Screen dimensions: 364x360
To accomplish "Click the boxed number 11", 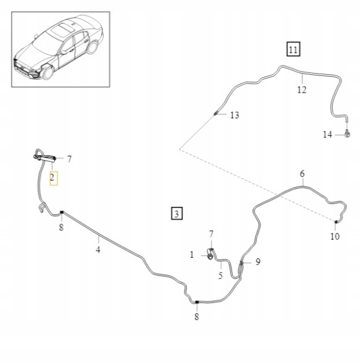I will tap(292, 49).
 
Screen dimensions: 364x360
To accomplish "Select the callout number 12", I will tap(301, 90).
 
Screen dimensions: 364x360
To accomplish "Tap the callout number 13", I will tap(234, 115).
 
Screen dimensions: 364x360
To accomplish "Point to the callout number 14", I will tap(327, 134).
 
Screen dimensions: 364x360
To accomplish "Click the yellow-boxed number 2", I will tap(53, 178).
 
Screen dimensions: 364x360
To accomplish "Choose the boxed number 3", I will tap(177, 214).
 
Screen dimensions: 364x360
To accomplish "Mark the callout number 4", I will tap(98, 250).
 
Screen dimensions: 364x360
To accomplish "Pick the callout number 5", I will tap(220, 276).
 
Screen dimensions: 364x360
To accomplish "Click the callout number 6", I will tap(302, 174).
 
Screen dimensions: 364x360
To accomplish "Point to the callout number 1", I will tap(191, 254).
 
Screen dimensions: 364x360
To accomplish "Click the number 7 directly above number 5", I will tap(211, 234).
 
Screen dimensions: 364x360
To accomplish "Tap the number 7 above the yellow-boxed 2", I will tap(69, 159).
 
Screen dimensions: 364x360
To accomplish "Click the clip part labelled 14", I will tap(349, 133).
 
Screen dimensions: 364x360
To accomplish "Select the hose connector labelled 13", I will tap(216, 113).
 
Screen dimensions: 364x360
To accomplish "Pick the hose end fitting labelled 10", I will tap(336, 222).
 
